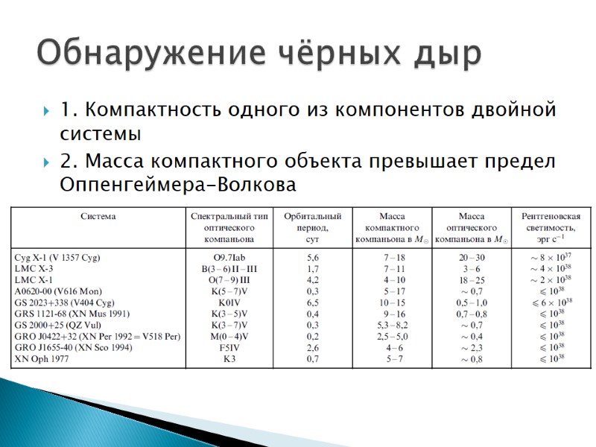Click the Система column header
(x=98, y=217)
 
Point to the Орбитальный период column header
(x=313, y=227)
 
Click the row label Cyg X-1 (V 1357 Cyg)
(x=57, y=257)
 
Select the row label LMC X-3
(x=35, y=268)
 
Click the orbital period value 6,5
(x=313, y=302)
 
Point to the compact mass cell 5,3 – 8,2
(x=393, y=325)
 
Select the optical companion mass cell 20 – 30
(x=472, y=257)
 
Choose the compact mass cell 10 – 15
(x=393, y=302)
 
